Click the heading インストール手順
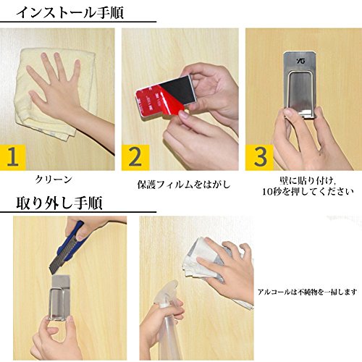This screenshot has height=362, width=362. point(70,12)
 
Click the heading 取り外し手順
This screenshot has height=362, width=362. point(59,203)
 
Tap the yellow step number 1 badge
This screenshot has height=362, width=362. point(13,158)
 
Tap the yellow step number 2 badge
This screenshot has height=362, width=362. point(135,158)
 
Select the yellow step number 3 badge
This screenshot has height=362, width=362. point(259,158)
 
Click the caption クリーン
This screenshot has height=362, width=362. point(54,180)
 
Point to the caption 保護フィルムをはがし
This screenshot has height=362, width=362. point(184,185)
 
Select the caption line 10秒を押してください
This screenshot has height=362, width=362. point(308,192)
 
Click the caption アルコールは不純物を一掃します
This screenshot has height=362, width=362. point(308,292)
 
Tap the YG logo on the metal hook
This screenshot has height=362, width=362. point(300,60)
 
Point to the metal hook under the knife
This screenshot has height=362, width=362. point(59,298)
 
